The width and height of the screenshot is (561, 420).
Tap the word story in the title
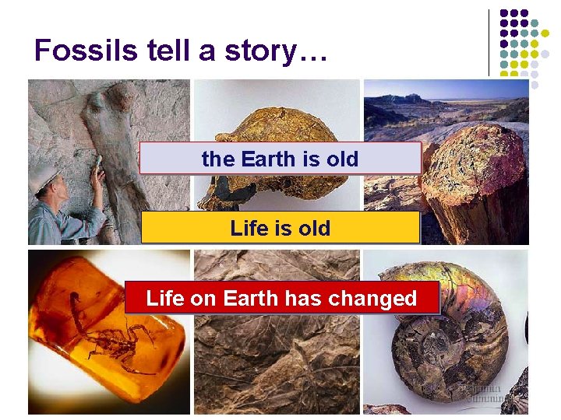pyautogui.click(x=256, y=51)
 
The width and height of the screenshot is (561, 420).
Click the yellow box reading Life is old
pyautogui.click(x=280, y=229)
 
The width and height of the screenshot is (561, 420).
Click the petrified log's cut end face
pyautogui.click(x=471, y=167)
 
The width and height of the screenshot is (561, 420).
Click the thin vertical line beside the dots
pyautogui.click(x=489, y=43)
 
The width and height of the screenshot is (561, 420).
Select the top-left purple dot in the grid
pyautogui.click(x=504, y=14)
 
